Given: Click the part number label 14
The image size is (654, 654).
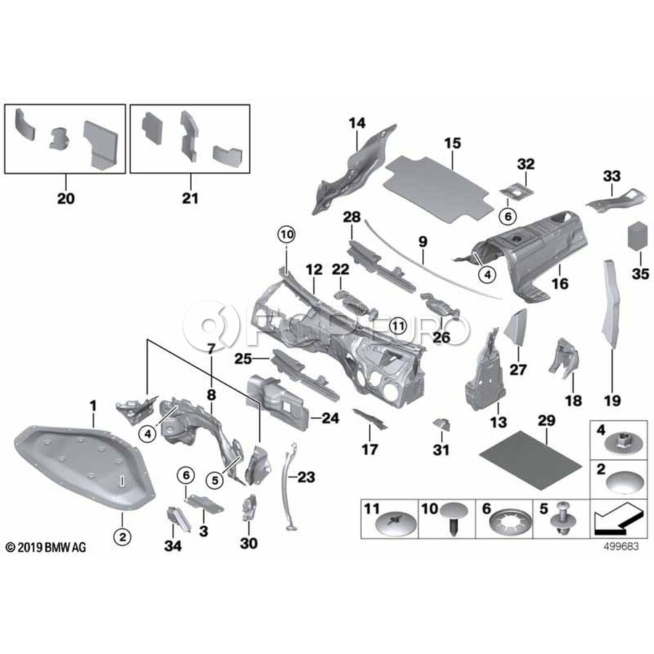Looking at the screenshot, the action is coord(357,124).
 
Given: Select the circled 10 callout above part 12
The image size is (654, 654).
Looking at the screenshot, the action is coord(287,235).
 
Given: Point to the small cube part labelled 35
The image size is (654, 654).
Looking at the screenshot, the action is coord(638,237).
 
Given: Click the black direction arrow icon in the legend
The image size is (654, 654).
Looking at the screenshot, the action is coord(616,520).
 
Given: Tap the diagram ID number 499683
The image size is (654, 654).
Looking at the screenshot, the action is coord(621,546).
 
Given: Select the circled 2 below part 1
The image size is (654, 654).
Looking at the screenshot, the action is coord(122,537).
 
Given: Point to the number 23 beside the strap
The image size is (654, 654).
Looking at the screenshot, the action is coord(306,477).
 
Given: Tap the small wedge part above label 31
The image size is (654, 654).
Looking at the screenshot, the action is coord(441,424).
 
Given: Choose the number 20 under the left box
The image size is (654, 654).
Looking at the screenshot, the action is coord(66,198).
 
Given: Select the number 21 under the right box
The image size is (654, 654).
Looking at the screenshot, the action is coord(190,198).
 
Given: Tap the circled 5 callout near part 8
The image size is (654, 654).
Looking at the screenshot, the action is coord(215,480).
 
